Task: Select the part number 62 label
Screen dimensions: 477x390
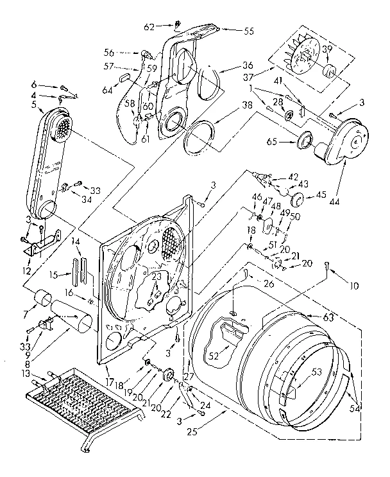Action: [149, 27]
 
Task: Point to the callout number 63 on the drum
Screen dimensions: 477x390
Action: [312, 316]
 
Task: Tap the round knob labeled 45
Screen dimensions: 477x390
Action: [296, 196]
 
